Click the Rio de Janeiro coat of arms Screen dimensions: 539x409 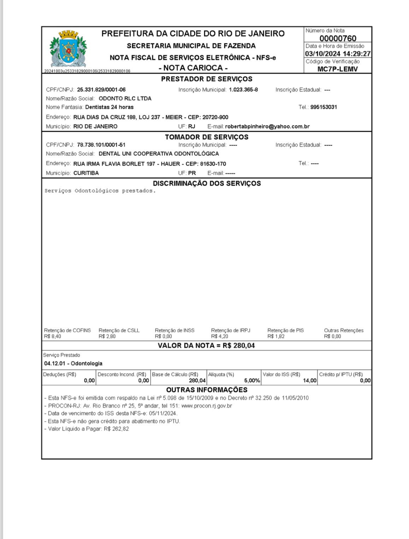(68, 49)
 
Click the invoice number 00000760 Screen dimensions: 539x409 (338, 38)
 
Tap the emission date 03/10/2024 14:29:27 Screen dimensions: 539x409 (338, 54)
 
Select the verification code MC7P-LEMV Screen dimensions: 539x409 (337, 69)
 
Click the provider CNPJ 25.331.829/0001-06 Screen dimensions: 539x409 (101, 90)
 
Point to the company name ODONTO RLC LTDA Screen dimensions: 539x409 (125, 99)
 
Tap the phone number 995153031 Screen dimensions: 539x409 (324, 107)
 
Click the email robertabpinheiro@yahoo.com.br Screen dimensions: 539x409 (267, 127)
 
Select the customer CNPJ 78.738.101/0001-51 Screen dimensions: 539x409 (101, 145)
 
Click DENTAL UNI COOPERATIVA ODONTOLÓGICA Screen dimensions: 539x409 (159, 154)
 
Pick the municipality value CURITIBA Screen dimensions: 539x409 (86, 173)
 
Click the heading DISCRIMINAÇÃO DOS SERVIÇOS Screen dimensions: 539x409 (207, 183)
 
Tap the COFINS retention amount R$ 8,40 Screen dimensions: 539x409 (53, 337)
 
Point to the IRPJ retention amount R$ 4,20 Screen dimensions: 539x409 (220, 337)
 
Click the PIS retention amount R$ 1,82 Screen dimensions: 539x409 (276, 337)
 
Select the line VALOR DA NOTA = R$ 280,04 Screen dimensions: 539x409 (206, 345)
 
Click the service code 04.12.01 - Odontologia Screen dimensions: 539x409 (73, 363)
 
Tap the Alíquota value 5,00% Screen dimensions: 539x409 (252, 381)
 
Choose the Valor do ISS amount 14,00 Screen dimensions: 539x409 (310, 381)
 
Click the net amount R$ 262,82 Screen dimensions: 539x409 (116, 429)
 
